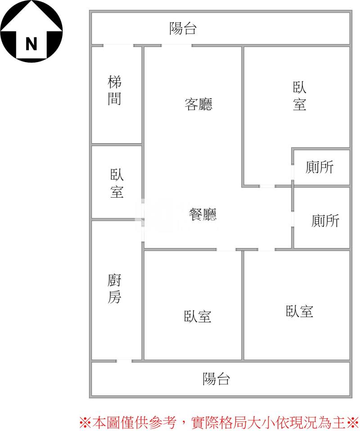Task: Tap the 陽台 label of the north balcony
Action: tap(183, 28)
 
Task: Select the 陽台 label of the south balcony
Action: tap(216, 378)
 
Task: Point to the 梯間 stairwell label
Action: tap(114, 90)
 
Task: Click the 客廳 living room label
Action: tap(198, 104)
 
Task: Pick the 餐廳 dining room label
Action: tap(202, 214)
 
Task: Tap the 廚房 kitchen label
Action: tap(114, 288)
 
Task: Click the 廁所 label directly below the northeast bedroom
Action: tap(319, 167)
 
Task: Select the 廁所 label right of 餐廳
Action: tap(325, 221)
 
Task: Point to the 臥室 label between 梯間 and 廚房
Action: tap(117, 183)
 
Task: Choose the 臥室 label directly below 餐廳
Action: tap(198, 316)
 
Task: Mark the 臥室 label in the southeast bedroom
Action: tap(300, 311)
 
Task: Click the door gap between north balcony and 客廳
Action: tap(176, 45)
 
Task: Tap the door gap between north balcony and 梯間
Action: tap(118, 45)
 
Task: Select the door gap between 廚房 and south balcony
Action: tap(124, 361)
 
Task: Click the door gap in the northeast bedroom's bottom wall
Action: tap(267, 186)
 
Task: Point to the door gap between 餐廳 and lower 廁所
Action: tap(292, 219)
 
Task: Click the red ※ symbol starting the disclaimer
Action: tap(85, 422)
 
